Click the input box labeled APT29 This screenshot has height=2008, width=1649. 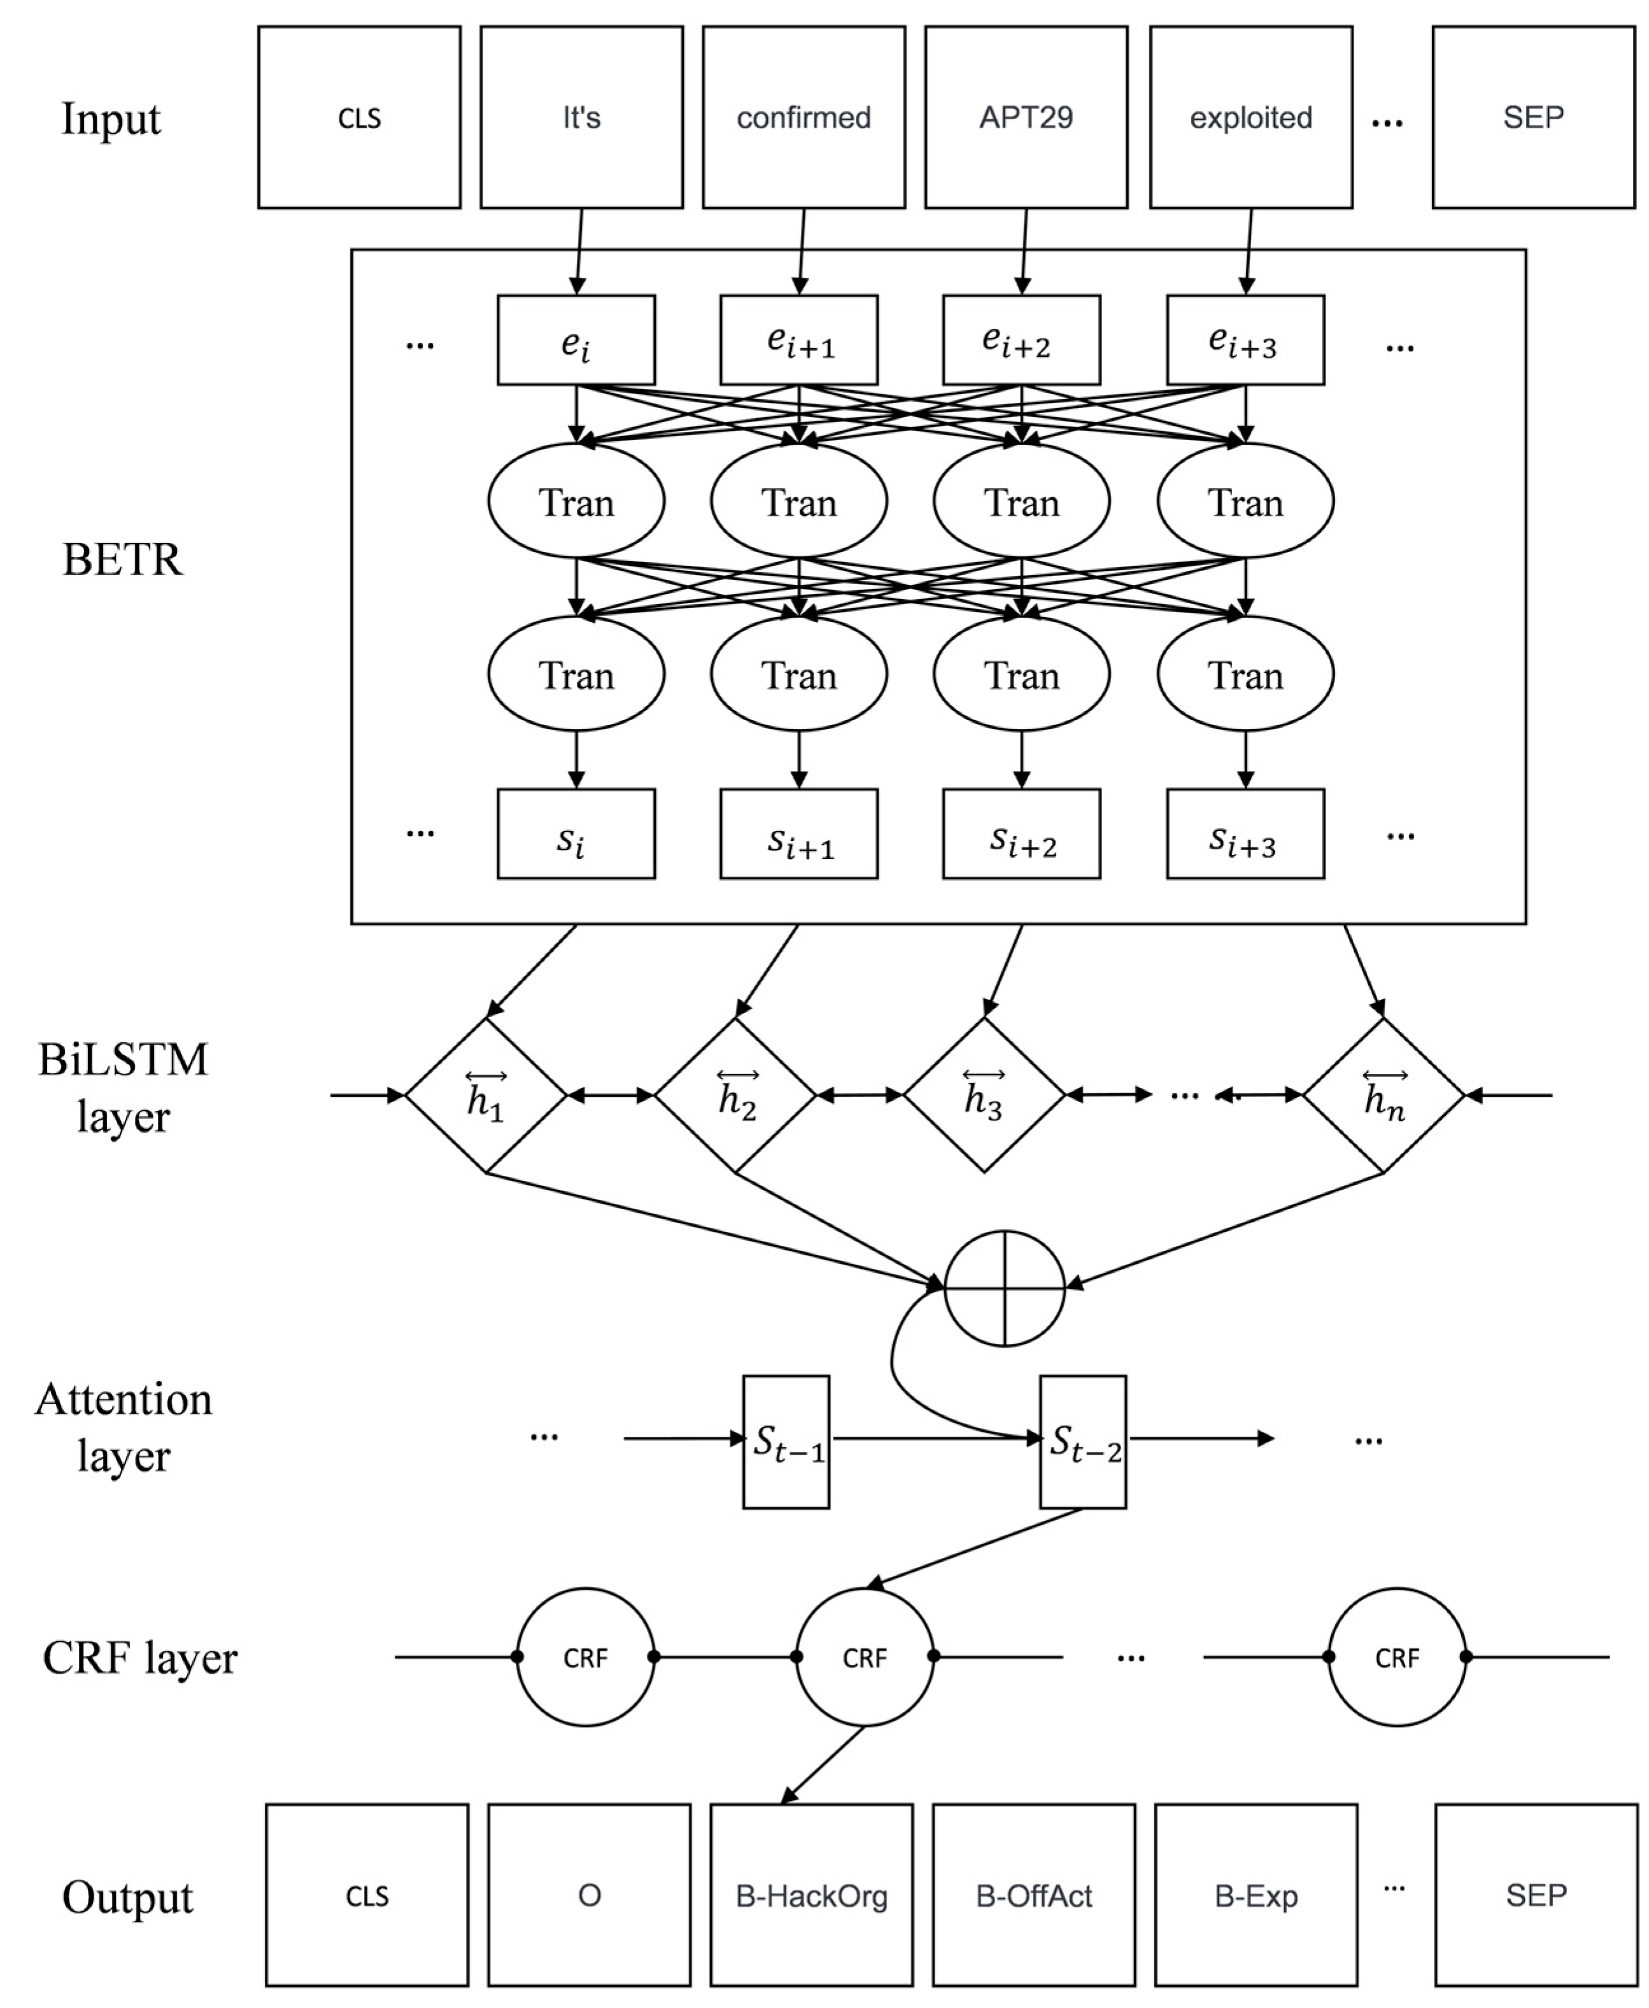coord(1026,117)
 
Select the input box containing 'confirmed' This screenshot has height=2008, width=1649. coord(803,117)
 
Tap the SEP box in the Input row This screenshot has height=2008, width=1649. coord(1533,117)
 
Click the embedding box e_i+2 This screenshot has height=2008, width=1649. coord(1021,340)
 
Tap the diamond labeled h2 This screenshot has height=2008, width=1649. coord(735,1095)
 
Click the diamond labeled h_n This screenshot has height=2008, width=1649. coord(1383,1095)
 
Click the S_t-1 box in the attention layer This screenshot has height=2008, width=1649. coord(786,1441)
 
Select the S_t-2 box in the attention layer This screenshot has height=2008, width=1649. coord(1083,1441)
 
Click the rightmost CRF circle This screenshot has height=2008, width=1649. coord(1396,1657)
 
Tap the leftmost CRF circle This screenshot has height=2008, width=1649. coord(585,1657)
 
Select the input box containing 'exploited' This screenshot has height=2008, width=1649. coord(1251,117)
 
